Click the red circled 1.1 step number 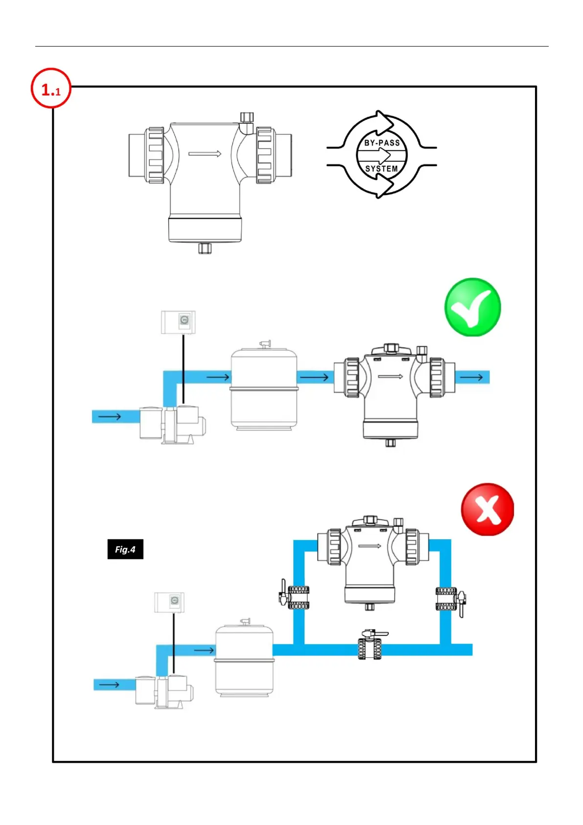pyautogui.click(x=51, y=89)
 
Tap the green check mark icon pyautogui.click(x=472, y=307)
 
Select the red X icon pyautogui.click(x=488, y=510)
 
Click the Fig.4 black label pyautogui.click(x=125, y=549)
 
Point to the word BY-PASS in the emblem pyautogui.click(x=382, y=143)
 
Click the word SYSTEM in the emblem pyautogui.click(x=381, y=169)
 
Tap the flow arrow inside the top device pyautogui.click(x=205, y=154)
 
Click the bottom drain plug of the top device pyautogui.click(x=205, y=248)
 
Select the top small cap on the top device pyautogui.click(x=247, y=117)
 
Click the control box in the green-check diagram pyautogui.click(x=179, y=322)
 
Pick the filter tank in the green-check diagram pyautogui.click(x=264, y=387)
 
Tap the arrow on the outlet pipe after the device pyautogui.click(x=471, y=377)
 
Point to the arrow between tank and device pyautogui.click(x=314, y=377)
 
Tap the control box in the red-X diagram pyautogui.click(x=169, y=602)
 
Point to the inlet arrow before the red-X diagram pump pyautogui.click(x=109, y=684)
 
